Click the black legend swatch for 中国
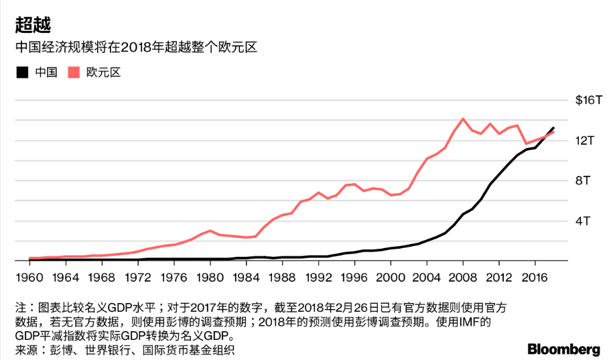tap(22, 72)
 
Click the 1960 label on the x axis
tap(29, 277)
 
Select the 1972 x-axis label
tap(137, 277)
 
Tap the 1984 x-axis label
tap(246, 277)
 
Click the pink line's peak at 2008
tap(463, 119)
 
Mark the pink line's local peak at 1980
tap(210, 231)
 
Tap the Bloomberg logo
tap(563, 349)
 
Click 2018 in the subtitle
tap(148, 48)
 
